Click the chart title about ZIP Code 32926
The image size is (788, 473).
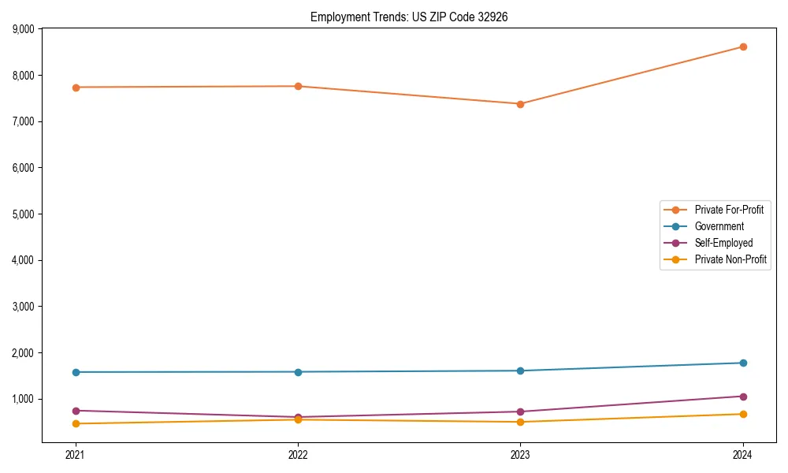click(x=409, y=17)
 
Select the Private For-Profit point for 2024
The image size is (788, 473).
click(x=743, y=47)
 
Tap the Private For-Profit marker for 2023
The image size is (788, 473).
click(x=520, y=104)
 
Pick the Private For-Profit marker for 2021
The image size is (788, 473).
click(x=76, y=88)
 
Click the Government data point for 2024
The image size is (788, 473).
click(x=743, y=363)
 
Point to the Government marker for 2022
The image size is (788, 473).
click(x=298, y=372)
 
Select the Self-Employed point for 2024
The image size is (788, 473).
click(x=743, y=397)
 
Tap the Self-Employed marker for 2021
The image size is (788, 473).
click(x=76, y=411)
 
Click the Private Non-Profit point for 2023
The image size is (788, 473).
click(x=520, y=422)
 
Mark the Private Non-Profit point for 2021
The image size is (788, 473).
click(x=76, y=423)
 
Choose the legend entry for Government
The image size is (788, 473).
click(x=719, y=226)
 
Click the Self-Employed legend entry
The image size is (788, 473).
click(x=723, y=243)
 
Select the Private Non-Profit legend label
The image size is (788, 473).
click(x=730, y=259)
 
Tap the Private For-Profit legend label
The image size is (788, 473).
click(x=729, y=210)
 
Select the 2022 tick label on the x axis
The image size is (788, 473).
click(x=298, y=454)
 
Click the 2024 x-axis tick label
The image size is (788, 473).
click(x=743, y=454)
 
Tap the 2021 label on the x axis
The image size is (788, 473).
click(x=76, y=454)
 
